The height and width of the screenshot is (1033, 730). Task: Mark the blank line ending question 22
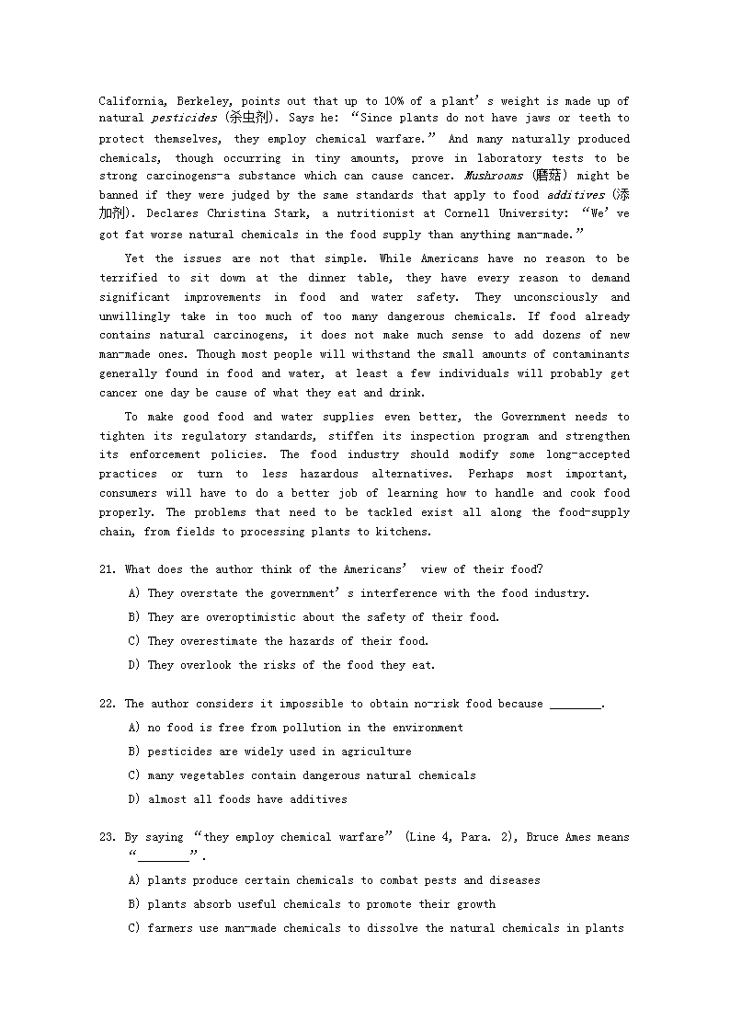(575, 705)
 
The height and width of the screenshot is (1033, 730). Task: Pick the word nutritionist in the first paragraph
(364, 213)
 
